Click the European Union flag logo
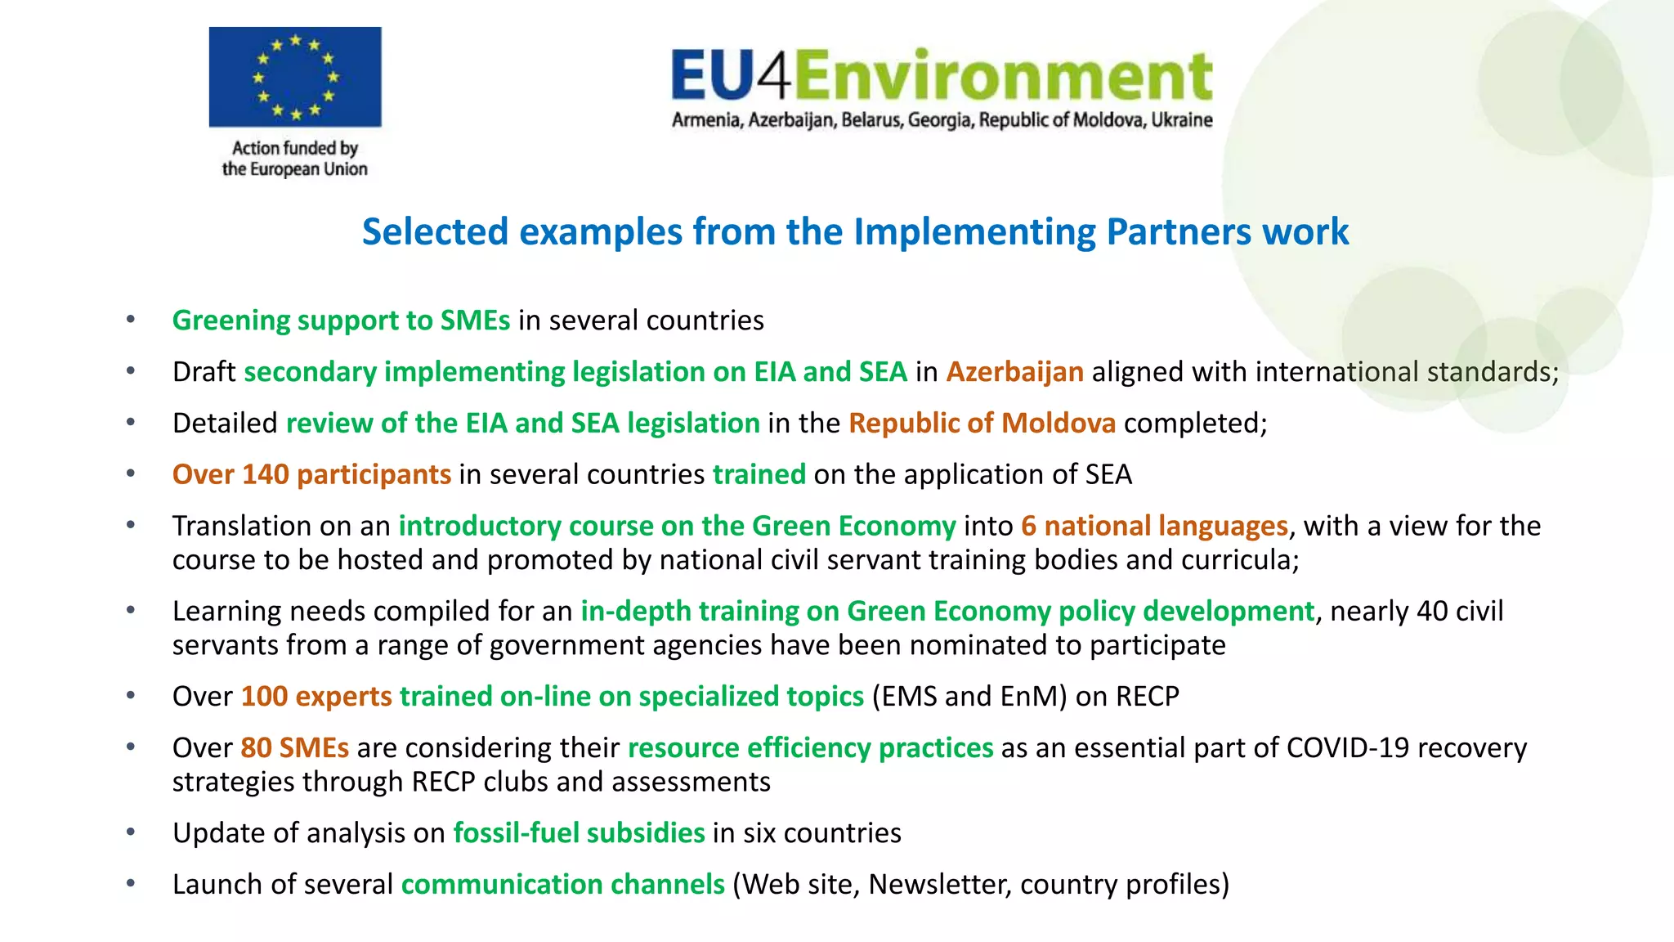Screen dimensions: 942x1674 [x=295, y=77]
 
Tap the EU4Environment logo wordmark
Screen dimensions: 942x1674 [x=942, y=74]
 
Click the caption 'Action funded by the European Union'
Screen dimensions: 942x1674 [x=295, y=159]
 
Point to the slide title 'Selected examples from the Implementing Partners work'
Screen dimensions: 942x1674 [x=855, y=231]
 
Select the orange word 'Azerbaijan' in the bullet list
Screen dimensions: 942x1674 [x=1014, y=372]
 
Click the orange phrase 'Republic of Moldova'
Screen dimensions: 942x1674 [x=982, y=424]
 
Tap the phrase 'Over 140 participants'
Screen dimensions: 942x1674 [x=311, y=474]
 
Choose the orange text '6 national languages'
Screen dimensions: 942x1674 [x=1154, y=526]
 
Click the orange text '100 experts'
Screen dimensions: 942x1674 [x=316, y=697]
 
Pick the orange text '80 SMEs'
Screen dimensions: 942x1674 [x=294, y=748]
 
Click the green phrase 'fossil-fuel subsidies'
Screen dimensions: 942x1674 [x=579, y=833]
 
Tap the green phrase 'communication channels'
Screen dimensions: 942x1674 [x=562, y=885]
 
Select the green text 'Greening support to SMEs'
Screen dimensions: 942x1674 [x=341, y=321]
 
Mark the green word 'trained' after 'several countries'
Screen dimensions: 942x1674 [x=759, y=474]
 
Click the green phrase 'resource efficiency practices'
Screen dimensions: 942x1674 [x=810, y=748]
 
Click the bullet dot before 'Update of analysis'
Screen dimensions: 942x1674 [x=131, y=832]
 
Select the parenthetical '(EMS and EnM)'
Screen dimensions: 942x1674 [x=969, y=697]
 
